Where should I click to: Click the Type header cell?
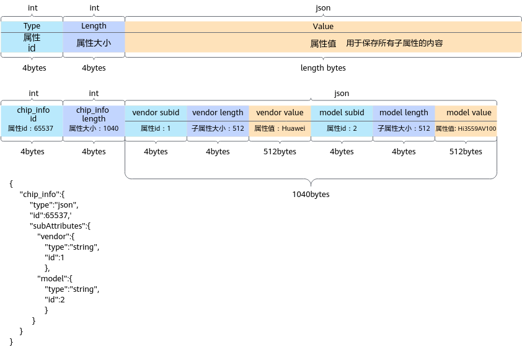click(32, 27)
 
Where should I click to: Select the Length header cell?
click(94, 27)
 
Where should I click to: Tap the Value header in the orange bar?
click(323, 27)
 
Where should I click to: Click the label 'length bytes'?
click(323, 68)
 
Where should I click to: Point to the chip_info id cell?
click(32, 121)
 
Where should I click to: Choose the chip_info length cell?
click(94, 121)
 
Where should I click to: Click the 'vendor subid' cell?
click(156, 113)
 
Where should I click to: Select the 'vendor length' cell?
click(218, 113)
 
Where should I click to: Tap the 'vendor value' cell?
click(280, 113)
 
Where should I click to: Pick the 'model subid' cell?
click(342, 113)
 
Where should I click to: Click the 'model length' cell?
click(404, 113)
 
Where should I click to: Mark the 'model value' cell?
click(466, 113)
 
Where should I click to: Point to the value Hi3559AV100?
click(477, 128)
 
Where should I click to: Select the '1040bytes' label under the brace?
click(311, 195)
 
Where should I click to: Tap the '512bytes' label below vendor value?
click(280, 152)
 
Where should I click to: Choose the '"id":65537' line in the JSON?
click(51, 215)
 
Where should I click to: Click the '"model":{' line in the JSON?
click(55, 278)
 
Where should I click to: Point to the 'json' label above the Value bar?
click(323, 8)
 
